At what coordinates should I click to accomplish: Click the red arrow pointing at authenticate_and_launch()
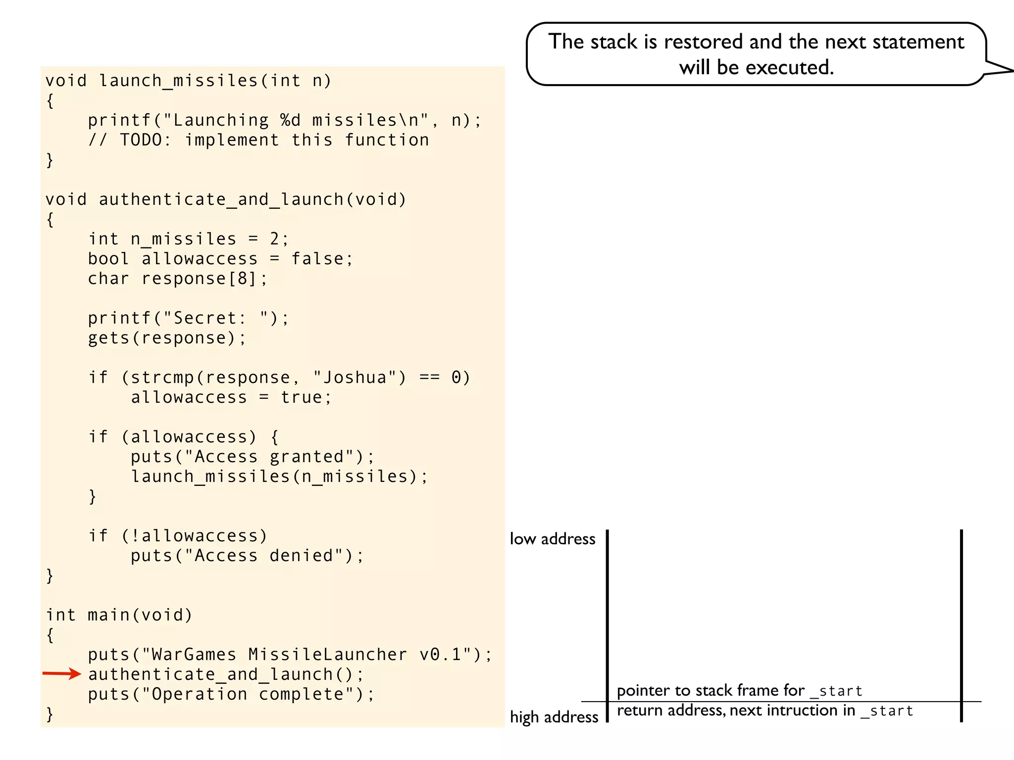point(62,673)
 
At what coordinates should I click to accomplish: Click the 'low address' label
point(553,539)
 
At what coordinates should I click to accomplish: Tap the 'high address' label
point(554,717)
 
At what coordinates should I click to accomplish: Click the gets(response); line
point(167,338)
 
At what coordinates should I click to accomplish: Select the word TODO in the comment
point(141,140)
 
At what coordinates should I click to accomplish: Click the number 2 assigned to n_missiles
point(275,239)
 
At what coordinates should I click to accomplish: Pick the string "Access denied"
point(263,556)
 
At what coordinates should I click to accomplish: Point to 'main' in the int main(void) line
point(108,615)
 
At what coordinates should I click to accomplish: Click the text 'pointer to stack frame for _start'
point(739,691)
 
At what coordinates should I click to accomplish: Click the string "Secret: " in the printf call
point(215,318)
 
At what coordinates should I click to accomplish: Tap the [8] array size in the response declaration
point(243,279)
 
